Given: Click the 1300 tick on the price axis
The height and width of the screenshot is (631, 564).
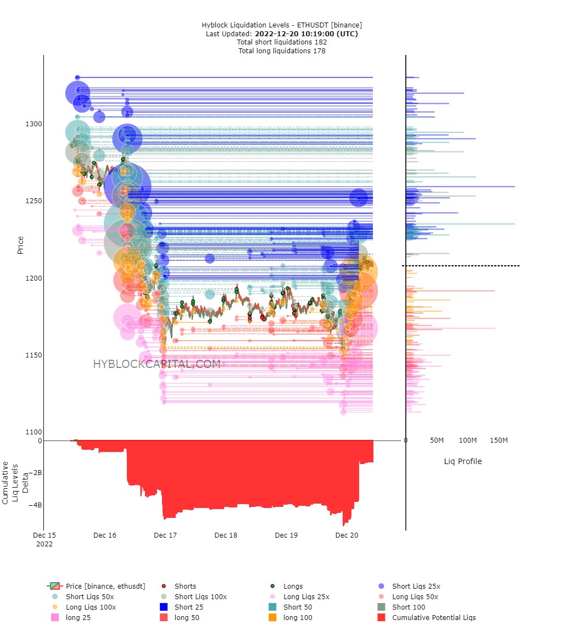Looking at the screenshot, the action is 34,124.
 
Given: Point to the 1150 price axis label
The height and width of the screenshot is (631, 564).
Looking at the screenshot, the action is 34,355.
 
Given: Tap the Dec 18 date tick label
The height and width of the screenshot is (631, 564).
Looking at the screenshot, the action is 226,535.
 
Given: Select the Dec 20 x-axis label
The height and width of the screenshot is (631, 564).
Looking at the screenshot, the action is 347,535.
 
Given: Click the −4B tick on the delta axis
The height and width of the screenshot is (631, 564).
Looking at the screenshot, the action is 35,505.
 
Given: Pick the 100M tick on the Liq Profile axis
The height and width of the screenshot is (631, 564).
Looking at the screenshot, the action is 468,440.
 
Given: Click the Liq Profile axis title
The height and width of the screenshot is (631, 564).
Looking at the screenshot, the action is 462,461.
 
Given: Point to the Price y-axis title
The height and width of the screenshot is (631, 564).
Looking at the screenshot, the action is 20,245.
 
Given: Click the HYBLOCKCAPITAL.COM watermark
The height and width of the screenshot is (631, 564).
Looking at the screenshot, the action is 157,364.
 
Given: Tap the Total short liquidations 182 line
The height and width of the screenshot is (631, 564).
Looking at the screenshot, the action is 282,42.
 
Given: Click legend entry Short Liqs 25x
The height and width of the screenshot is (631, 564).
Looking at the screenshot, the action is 416,587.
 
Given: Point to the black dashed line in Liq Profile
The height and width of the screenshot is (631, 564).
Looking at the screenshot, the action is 461,266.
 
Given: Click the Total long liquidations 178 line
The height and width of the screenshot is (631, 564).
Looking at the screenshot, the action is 282,51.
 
